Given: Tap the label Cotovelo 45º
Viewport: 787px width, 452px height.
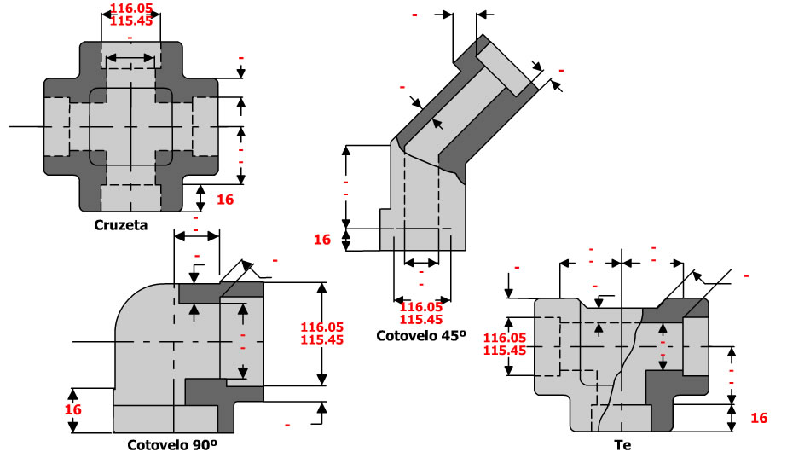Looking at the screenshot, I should [x=422, y=336].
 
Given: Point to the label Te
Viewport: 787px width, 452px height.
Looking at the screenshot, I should [x=622, y=444].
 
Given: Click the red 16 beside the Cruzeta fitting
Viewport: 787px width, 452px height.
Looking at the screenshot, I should [x=225, y=199].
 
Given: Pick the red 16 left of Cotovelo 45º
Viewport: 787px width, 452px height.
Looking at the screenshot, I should [x=321, y=240].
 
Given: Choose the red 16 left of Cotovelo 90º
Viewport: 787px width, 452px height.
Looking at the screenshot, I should [x=74, y=409].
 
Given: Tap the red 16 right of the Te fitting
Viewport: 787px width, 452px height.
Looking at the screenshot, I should [x=759, y=418].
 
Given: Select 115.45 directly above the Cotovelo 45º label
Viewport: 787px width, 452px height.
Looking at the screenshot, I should [x=421, y=319].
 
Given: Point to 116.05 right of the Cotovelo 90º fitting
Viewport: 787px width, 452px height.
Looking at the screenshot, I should [x=321, y=327].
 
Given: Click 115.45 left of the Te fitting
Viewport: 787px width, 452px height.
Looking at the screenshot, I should [x=504, y=350].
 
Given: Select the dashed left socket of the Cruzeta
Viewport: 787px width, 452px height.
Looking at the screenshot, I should [x=55, y=126].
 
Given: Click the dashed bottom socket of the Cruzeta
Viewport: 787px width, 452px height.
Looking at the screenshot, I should [x=130, y=196].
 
